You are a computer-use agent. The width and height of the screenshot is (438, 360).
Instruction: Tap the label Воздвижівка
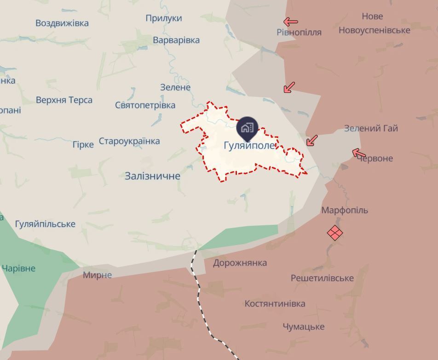[62, 23]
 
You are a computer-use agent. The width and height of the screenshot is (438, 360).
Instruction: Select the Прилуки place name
[164, 18]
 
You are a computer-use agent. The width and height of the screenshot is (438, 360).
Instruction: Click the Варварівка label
[176, 40]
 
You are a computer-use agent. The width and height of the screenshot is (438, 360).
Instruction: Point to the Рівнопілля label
[299, 32]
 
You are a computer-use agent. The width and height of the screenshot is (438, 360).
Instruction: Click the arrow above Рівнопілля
[290, 22]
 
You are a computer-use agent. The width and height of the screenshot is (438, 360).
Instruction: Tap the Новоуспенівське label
[374, 30]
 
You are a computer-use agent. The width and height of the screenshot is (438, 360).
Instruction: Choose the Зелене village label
[175, 87]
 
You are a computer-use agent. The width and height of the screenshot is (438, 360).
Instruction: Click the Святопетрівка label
[145, 105]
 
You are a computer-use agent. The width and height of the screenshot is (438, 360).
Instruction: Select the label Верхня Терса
[64, 100]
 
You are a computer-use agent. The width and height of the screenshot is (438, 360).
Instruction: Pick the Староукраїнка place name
[129, 141]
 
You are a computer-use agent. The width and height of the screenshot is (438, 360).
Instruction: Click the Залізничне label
[152, 176]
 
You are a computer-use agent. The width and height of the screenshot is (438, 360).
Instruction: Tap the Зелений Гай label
[371, 128]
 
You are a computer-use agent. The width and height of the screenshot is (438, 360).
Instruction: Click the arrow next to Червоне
[359, 153]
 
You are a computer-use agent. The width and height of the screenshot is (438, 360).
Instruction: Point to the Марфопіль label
[345, 210]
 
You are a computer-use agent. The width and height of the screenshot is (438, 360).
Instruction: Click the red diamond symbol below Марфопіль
[335, 233]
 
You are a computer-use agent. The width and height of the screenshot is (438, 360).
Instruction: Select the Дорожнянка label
[240, 263]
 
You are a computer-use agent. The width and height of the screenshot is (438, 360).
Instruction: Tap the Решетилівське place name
[322, 278]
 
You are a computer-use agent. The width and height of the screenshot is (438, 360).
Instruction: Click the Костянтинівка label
[275, 304]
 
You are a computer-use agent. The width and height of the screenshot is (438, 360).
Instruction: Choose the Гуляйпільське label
[45, 224]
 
